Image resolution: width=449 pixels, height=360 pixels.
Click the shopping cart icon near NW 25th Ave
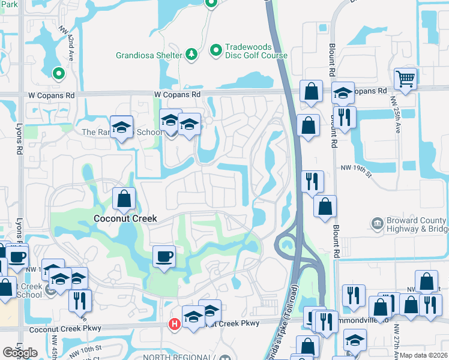tap(406, 79)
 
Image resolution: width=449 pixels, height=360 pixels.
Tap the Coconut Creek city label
tap(125, 219)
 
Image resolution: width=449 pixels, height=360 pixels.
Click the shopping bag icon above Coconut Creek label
tap(124, 199)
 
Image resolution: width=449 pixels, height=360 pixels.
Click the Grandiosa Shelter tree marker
tap(191, 55)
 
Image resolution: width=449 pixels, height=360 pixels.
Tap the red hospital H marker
tap(175, 325)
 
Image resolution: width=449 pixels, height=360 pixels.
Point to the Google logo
tap(20, 353)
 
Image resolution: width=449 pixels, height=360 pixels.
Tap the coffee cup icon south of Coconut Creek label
tap(164, 257)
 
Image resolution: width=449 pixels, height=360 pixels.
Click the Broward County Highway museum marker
tap(377, 224)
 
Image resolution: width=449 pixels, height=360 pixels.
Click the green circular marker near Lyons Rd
tap(58, 74)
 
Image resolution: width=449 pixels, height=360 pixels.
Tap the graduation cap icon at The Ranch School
tap(122, 127)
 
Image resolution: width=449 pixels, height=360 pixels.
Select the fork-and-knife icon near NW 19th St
tap(312, 181)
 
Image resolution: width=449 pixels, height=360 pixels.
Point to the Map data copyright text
tap(424, 355)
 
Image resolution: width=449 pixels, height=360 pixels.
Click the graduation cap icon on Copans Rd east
tap(343, 93)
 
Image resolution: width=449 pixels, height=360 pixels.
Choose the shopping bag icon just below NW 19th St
tap(325, 206)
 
